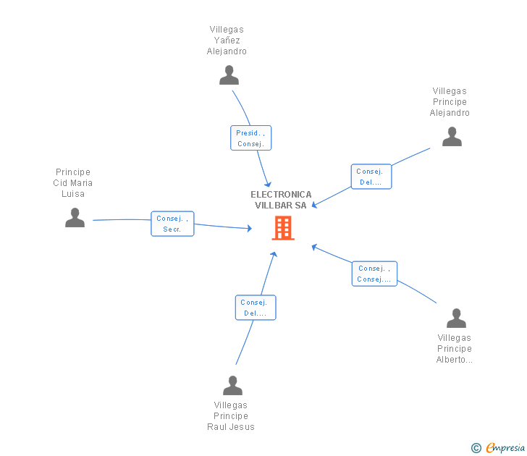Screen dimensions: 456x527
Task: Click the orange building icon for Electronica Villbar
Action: point(282,228)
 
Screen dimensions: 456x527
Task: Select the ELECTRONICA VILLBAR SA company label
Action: point(281,200)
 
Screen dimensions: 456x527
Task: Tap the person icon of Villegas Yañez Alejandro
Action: point(229,75)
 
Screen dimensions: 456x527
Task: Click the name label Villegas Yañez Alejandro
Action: point(227,41)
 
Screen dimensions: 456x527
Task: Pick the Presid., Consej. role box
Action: point(251,138)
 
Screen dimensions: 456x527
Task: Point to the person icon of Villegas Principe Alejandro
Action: point(452,137)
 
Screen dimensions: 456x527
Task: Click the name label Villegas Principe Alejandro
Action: point(450,102)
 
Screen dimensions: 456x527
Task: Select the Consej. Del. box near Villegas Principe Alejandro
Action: point(371,177)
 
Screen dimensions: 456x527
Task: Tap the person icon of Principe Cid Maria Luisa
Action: point(75,218)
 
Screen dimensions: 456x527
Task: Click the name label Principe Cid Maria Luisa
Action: point(73,183)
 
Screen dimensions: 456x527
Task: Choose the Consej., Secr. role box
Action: point(172,224)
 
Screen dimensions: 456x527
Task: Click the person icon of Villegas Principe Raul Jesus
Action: point(232,386)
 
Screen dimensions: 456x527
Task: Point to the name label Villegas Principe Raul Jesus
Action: point(231,416)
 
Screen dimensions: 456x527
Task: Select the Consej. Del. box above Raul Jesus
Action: point(256,308)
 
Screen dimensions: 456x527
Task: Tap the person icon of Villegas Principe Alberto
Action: point(456,318)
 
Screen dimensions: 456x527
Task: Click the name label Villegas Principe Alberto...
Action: point(455,349)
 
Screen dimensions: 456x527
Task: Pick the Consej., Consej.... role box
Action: point(374,274)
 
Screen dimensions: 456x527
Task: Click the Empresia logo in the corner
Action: point(505,448)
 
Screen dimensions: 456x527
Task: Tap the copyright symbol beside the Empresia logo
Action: point(476,449)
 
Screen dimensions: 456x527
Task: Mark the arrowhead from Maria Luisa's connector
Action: point(249,229)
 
